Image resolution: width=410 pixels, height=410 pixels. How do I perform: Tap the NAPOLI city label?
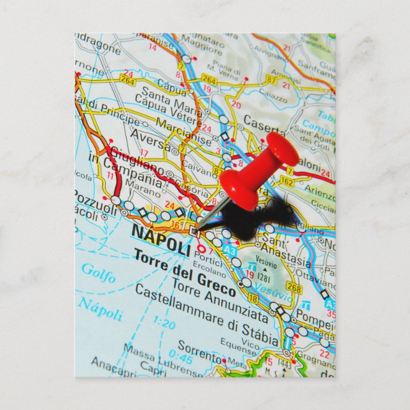pyautogui.click(x=160, y=239)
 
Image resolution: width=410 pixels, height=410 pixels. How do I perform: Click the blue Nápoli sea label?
pyautogui.click(x=100, y=309)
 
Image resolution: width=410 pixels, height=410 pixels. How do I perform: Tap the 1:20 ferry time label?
pyautogui.click(x=164, y=324)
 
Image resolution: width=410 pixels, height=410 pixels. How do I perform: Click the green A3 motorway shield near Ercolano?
pyautogui.click(x=229, y=251)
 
